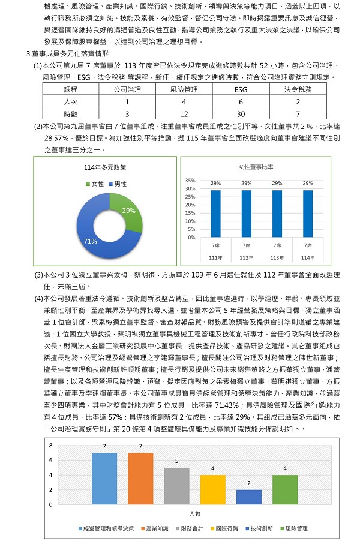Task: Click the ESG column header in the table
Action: pyautogui.click(x=241, y=89)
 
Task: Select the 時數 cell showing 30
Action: pyautogui.click(x=241, y=113)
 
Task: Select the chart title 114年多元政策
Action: pyautogui.click(x=106, y=167)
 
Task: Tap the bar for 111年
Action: pyautogui.click(x=215, y=214)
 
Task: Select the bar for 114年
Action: pyautogui.click(x=307, y=214)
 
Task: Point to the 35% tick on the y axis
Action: pyautogui.click(x=190, y=181)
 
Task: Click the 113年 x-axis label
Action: pyautogui.click(x=277, y=257)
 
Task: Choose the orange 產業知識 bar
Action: pyautogui.click(x=140, y=479)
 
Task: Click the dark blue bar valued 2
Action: pyautogui.click(x=248, y=497)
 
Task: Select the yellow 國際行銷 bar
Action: pyautogui.click(x=212, y=489)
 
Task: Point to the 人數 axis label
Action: pyautogui.click(x=194, y=514)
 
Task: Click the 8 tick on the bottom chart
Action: pyautogui.click(x=51, y=446)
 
